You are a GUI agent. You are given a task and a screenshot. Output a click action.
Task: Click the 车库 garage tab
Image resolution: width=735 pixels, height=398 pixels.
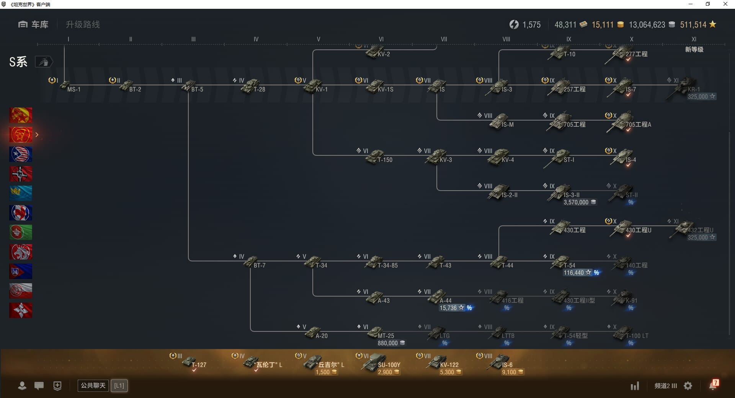33,24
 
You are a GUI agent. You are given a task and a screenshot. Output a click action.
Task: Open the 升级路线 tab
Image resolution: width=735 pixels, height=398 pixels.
83,24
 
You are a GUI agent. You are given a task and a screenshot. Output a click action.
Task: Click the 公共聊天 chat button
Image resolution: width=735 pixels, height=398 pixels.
93,385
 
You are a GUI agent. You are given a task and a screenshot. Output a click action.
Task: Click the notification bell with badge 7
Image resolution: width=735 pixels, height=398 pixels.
713,385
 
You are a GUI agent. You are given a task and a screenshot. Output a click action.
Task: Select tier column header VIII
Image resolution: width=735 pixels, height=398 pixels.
506,39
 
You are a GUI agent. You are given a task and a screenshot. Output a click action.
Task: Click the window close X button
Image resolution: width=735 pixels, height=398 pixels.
725,4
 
